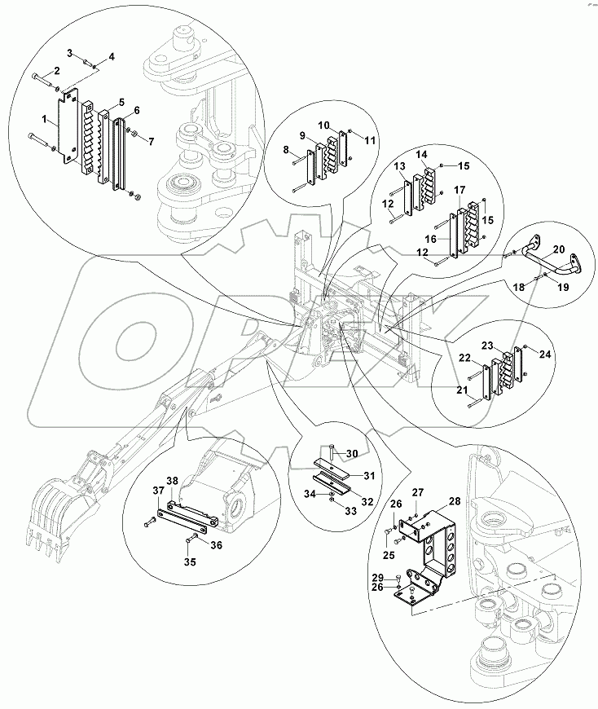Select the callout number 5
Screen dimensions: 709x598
tap(121, 103)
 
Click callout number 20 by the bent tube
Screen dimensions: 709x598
tap(558, 251)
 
